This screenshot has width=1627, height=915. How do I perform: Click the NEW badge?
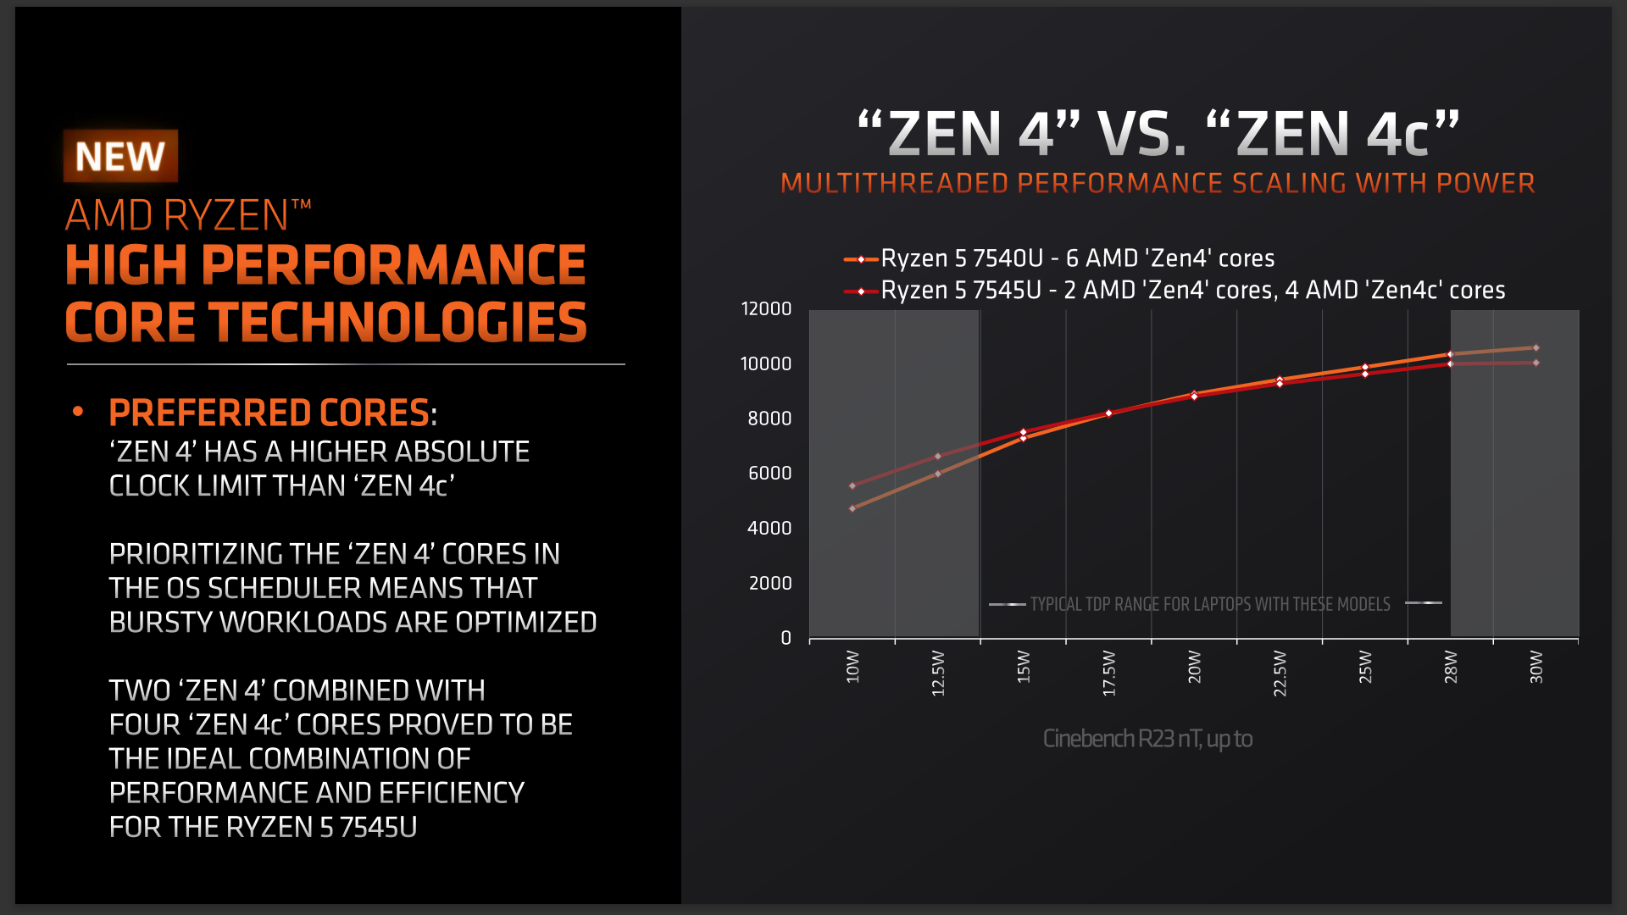120,156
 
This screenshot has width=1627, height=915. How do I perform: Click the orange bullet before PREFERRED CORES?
78,412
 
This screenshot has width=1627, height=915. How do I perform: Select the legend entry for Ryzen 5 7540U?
1059,258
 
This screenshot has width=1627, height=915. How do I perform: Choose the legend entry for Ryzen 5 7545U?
1174,291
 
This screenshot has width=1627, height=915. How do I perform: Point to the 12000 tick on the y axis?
766,309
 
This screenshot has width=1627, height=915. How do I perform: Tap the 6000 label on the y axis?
769,474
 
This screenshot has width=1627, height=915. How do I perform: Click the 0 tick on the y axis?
786,638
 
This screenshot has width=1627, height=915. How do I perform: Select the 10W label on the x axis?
852,667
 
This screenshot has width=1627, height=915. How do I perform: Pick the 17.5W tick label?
1109,674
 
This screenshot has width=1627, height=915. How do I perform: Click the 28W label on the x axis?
1451,667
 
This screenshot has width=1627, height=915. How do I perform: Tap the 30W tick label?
1536,667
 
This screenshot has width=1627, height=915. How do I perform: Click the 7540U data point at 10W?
852,508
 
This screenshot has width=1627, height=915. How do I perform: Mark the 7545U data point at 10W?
852,485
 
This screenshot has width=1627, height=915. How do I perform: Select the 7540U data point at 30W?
1536,347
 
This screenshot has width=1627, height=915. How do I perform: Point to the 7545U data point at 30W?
1536,363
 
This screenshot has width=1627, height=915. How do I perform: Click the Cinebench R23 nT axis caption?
1147,739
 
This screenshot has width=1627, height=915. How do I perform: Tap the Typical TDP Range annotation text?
1210,604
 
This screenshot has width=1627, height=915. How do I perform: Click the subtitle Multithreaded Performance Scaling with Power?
1158,183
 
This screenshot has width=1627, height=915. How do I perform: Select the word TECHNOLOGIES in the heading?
398,323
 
